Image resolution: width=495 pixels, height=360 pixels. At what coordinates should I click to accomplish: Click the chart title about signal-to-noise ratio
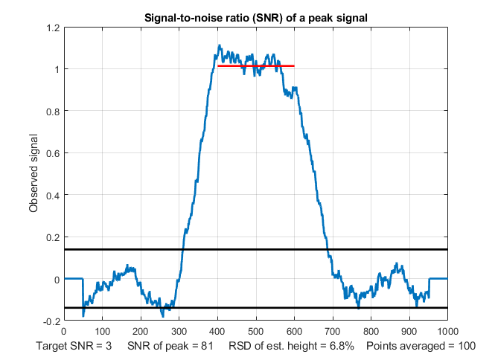tap(255, 18)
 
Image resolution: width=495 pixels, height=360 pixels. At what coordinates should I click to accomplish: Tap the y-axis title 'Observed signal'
tap(33, 174)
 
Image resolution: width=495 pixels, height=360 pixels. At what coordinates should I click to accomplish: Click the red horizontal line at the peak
tap(255, 66)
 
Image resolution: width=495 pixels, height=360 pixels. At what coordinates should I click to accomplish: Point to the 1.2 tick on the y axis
tap(52, 28)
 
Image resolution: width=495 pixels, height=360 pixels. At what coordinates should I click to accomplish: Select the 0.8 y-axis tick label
tap(52, 112)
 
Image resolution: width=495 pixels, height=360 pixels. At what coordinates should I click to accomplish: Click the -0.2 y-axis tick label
tap(51, 322)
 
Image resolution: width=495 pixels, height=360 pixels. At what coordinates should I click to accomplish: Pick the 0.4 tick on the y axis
tap(52, 196)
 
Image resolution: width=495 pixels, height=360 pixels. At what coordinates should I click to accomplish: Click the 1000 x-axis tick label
tap(447, 332)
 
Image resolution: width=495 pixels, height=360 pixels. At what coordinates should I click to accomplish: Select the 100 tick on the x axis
tap(102, 332)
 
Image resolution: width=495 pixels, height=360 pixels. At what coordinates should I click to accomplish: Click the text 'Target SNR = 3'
tap(74, 347)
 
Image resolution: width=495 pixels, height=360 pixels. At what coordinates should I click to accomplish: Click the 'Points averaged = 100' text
tap(421, 347)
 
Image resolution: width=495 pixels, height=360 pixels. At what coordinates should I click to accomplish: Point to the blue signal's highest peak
tap(220, 45)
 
